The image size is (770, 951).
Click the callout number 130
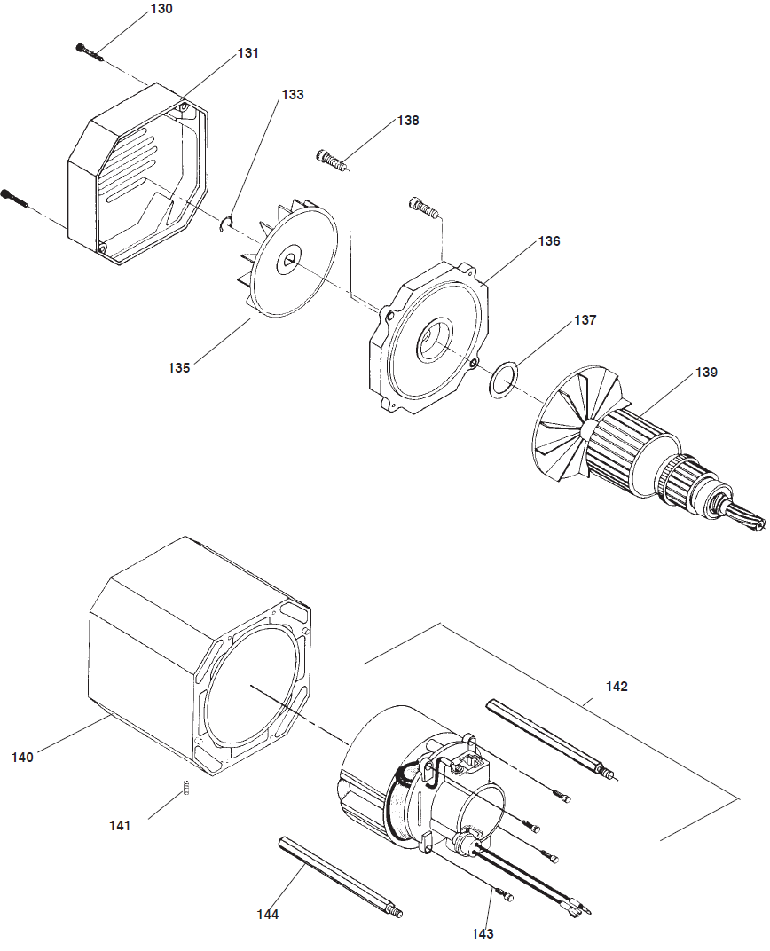161,10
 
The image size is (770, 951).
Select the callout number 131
247,53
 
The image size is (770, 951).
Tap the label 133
292,94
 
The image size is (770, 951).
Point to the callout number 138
407,121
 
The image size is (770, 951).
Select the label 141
120,825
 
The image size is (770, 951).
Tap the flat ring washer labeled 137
503,379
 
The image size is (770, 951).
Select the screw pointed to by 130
90,51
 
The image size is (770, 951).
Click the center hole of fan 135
289,262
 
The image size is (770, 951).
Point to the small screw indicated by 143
507,897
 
